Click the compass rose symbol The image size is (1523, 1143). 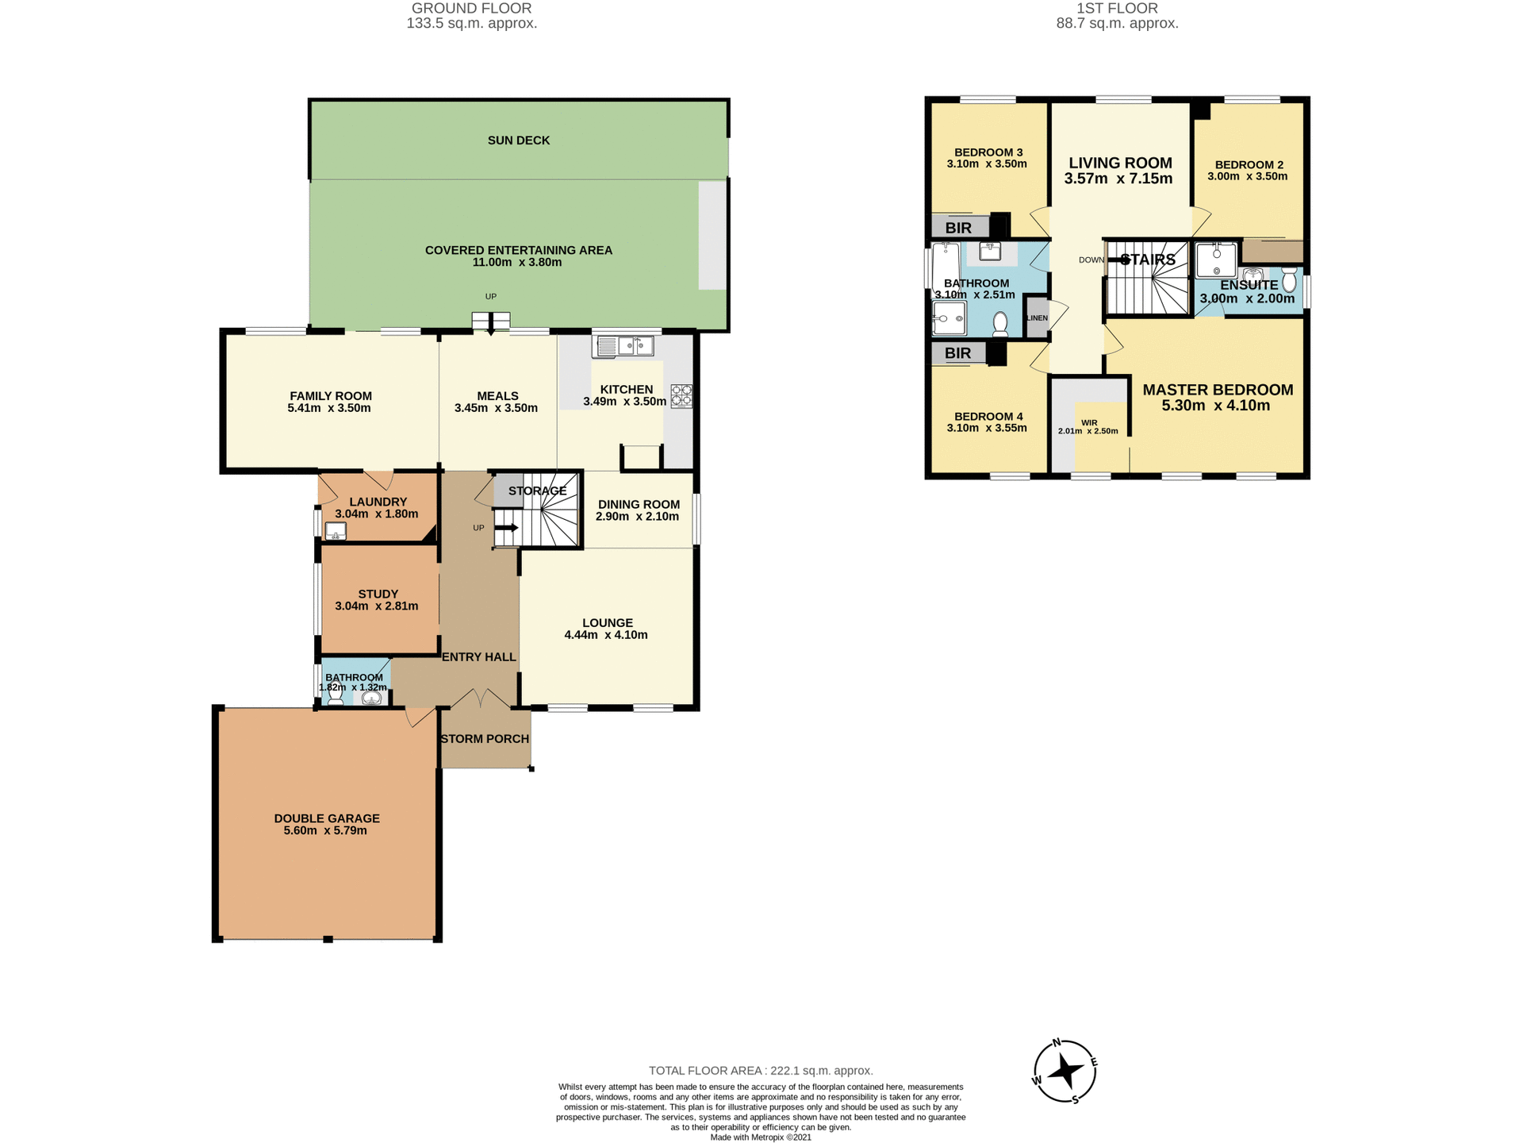click(x=1065, y=1072)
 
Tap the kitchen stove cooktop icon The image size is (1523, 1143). click(x=681, y=396)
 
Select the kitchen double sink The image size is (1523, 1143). click(x=623, y=347)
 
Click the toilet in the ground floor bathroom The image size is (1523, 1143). click(x=336, y=695)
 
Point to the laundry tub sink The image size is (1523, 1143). click(x=336, y=531)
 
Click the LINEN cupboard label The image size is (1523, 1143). click(x=1037, y=318)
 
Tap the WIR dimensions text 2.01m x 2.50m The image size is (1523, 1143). click(x=1088, y=432)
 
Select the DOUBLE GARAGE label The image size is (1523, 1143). click(x=327, y=818)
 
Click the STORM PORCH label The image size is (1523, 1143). click(x=485, y=739)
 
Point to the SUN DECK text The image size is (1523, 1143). click(x=519, y=140)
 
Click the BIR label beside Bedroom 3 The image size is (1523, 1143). click(x=958, y=229)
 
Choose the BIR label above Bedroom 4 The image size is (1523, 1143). click(x=958, y=353)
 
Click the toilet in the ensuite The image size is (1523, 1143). click(x=1289, y=279)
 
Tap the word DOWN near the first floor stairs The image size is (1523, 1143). click(x=1091, y=260)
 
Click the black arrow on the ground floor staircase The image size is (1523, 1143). click(x=507, y=528)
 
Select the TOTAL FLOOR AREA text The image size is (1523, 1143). click(x=761, y=1071)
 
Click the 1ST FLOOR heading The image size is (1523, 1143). click(x=1117, y=9)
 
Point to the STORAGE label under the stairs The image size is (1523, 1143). click(x=537, y=491)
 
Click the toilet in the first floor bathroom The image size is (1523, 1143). click(x=1000, y=324)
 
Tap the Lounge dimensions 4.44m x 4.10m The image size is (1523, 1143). click(x=606, y=635)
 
